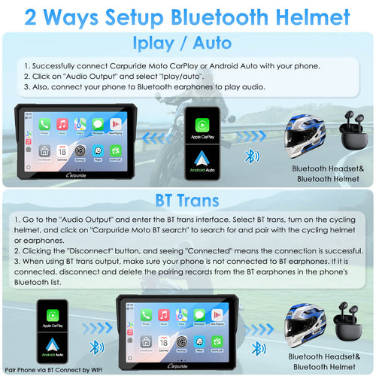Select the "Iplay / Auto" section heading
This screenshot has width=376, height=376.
coord(187,41)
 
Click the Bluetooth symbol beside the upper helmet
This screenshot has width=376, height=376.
coord(253,156)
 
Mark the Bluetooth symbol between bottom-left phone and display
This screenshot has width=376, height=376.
coord(94,347)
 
